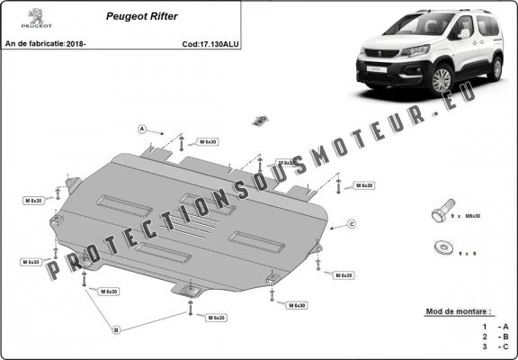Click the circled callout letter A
point(142,130)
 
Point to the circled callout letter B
point(115,330)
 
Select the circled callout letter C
point(352,223)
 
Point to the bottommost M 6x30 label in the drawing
point(217,318)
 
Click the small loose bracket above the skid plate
point(260,119)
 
